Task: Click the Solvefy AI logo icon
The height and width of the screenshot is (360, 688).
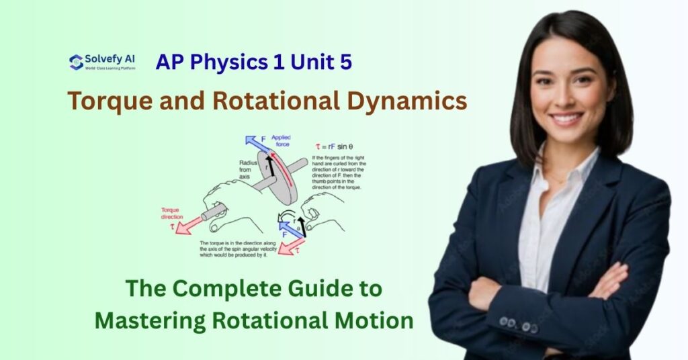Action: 76,62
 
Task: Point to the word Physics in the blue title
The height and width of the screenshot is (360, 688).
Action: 227,62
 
